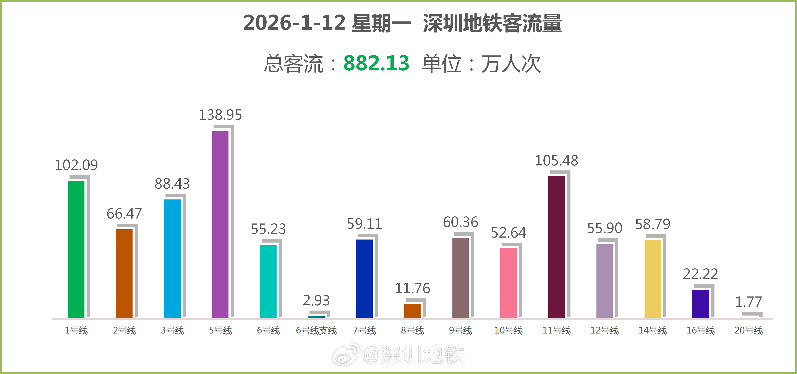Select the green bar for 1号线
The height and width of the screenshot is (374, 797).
[76, 249]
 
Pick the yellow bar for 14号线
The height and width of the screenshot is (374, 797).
[653, 279]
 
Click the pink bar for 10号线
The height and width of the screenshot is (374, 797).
[508, 283]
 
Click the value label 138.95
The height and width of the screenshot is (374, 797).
[220, 115]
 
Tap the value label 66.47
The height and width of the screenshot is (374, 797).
[124, 214]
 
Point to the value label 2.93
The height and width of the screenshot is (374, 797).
[316, 300]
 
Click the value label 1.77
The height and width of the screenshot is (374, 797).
[748, 302]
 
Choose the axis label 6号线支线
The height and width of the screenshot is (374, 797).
[316, 330]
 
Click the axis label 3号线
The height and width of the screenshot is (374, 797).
[172, 330]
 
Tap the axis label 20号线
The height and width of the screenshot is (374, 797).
[748, 330]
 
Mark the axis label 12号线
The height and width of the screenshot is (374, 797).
[604, 330]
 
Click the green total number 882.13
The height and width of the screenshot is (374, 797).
[376, 63]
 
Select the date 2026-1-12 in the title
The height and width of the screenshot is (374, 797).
[294, 23]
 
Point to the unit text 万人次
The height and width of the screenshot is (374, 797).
[510, 64]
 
